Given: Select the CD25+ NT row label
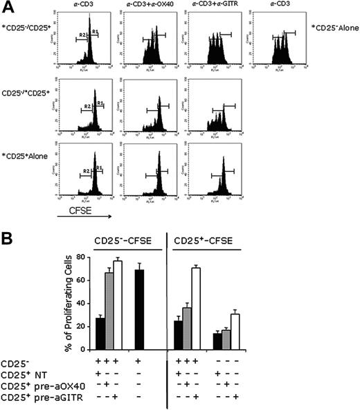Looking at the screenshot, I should point(26,375).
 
